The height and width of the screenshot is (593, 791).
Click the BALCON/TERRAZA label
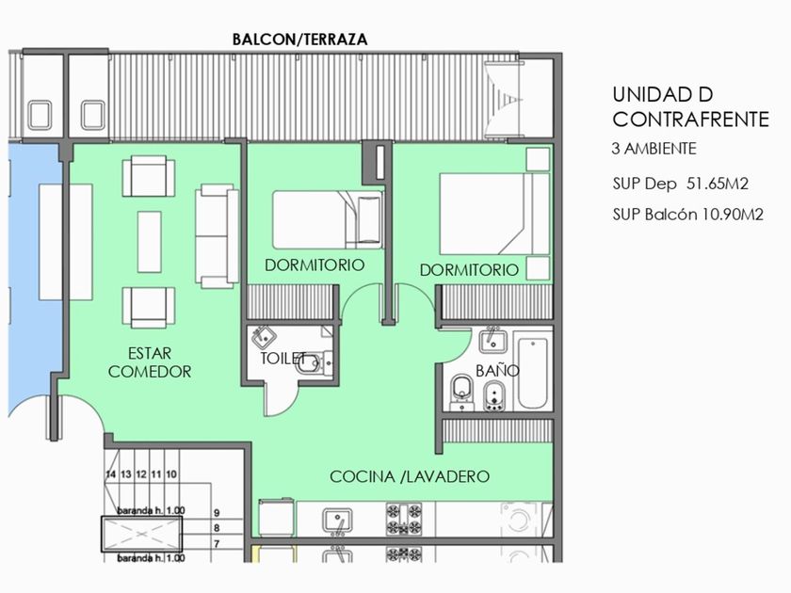click(x=299, y=40)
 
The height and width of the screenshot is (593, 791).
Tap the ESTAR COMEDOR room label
click(x=150, y=362)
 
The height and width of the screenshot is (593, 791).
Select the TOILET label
click(x=283, y=358)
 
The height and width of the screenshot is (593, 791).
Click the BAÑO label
click(x=497, y=371)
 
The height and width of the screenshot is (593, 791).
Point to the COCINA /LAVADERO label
click(x=410, y=476)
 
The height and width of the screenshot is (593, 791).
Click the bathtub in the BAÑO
click(x=533, y=373)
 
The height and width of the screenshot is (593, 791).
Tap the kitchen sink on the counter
click(x=337, y=521)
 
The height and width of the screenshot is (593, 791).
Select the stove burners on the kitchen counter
click(x=404, y=519)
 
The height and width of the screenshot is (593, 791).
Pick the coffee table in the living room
click(x=150, y=242)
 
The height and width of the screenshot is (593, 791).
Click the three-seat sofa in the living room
click(x=218, y=236)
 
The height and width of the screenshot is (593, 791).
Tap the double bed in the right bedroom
click(x=494, y=214)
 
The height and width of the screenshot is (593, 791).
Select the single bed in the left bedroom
click(x=328, y=220)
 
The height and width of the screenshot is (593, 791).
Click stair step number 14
click(x=110, y=474)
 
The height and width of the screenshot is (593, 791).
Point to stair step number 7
click(x=217, y=544)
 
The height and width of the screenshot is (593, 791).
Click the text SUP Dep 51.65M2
click(x=680, y=184)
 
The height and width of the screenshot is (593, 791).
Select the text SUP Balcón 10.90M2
click(x=688, y=215)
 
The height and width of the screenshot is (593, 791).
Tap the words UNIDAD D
click(x=663, y=94)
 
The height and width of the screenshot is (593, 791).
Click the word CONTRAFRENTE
click(x=690, y=120)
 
